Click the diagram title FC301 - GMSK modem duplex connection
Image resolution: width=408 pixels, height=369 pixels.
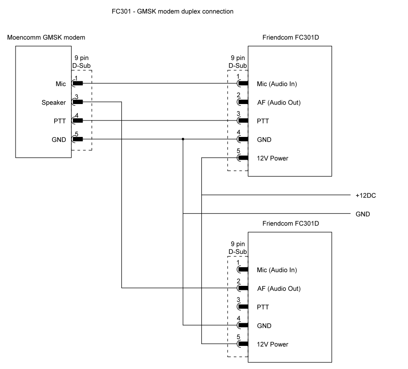172,12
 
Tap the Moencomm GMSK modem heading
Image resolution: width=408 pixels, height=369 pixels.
46,37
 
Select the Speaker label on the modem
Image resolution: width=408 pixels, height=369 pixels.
53,102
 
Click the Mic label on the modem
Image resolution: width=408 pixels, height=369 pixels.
60,83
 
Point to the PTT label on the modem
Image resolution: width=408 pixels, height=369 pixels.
60,120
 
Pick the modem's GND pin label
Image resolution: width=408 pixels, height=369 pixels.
59,140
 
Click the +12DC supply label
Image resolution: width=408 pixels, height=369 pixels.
366,195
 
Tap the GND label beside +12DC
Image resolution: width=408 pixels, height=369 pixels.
363,214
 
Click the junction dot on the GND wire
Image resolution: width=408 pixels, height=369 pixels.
183,139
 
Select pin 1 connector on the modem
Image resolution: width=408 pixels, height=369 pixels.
77,83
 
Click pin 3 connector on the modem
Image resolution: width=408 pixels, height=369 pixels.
77,102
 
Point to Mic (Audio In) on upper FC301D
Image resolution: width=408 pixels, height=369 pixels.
277,84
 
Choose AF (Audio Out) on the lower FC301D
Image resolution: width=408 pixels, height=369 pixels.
279,289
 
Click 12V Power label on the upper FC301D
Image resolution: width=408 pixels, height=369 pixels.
272,158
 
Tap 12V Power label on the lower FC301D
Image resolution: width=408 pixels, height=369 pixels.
272,345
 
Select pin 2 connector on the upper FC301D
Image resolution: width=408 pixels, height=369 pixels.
243,102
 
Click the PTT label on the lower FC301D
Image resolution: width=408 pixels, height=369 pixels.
263,307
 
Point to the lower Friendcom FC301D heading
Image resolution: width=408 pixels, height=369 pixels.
291,223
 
